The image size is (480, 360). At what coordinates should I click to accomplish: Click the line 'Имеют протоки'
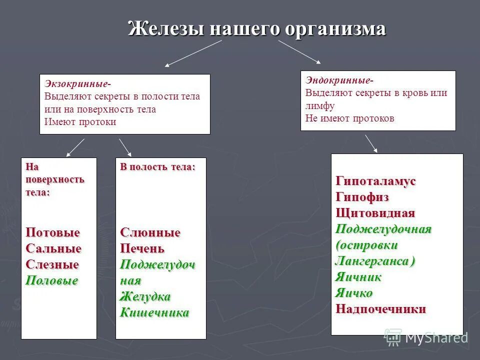click(80, 122)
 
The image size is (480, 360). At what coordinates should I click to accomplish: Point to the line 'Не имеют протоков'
click(349, 118)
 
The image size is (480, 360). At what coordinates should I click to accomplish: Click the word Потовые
click(52, 232)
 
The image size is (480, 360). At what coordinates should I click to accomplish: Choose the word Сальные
click(53, 248)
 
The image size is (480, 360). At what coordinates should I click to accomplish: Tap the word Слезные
click(52, 264)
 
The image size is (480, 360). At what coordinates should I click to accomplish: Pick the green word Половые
click(52, 280)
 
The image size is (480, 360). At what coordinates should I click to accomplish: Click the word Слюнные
click(150, 232)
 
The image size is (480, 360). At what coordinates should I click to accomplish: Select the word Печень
click(142, 248)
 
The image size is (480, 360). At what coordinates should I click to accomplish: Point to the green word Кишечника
click(154, 313)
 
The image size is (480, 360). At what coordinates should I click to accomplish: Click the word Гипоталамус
click(375, 181)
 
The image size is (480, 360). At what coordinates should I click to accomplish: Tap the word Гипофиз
click(362, 197)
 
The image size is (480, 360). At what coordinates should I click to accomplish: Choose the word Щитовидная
click(375, 213)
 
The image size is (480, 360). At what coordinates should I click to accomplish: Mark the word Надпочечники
click(380, 309)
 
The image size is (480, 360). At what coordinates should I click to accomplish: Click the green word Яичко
click(353, 293)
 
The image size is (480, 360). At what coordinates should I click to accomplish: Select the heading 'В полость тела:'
click(157, 167)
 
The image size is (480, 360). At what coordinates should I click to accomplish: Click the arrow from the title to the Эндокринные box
click(299, 52)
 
